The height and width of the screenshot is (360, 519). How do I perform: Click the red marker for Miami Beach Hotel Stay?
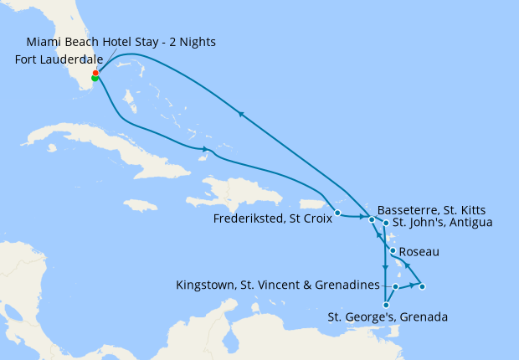[95, 73]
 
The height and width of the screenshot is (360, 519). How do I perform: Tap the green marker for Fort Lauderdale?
[95, 79]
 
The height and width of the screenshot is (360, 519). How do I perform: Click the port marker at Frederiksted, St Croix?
[337, 213]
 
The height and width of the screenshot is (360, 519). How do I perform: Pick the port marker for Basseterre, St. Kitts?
[372, 219]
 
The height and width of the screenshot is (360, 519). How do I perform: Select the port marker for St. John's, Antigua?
[385, 223]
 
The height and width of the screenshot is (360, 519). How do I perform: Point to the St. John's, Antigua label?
[443, 222]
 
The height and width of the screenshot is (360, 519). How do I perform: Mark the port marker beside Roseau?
[393, 250]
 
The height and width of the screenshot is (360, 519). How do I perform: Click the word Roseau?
[419, 251]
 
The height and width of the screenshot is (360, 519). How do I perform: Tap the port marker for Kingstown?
[395, 286]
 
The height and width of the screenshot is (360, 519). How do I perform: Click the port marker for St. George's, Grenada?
[384, 305]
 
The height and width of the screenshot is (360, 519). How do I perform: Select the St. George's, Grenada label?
[388, 317]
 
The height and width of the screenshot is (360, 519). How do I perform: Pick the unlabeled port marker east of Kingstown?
[422, 287]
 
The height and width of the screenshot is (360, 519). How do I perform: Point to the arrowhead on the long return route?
[241, 115]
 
